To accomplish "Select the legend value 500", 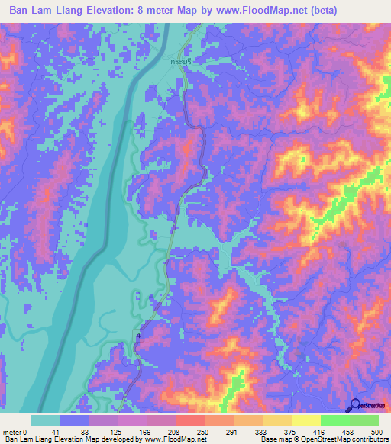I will [x=376, y=431].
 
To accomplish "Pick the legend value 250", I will [x=189, y=431].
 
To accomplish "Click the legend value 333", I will [x=254, y=431].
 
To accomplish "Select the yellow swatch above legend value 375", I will [x=276, y=420].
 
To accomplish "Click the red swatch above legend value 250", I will [x=189, y=420].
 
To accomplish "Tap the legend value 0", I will [x=29, y=431].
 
